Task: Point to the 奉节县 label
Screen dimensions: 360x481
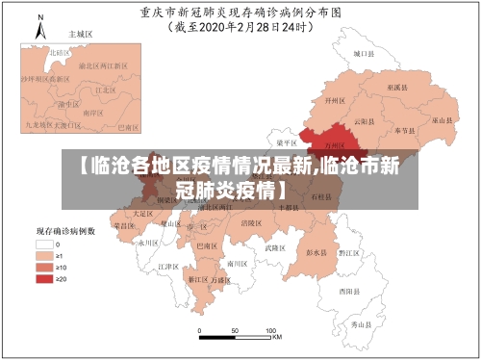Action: tap(404, 129)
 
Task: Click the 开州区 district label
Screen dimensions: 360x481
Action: tap(335, 99)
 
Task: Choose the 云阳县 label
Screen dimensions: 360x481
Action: tap(361, 121)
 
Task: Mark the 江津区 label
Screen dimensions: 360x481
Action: tap(169, 266)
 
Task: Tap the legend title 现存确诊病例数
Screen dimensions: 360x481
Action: tap(65, 232)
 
